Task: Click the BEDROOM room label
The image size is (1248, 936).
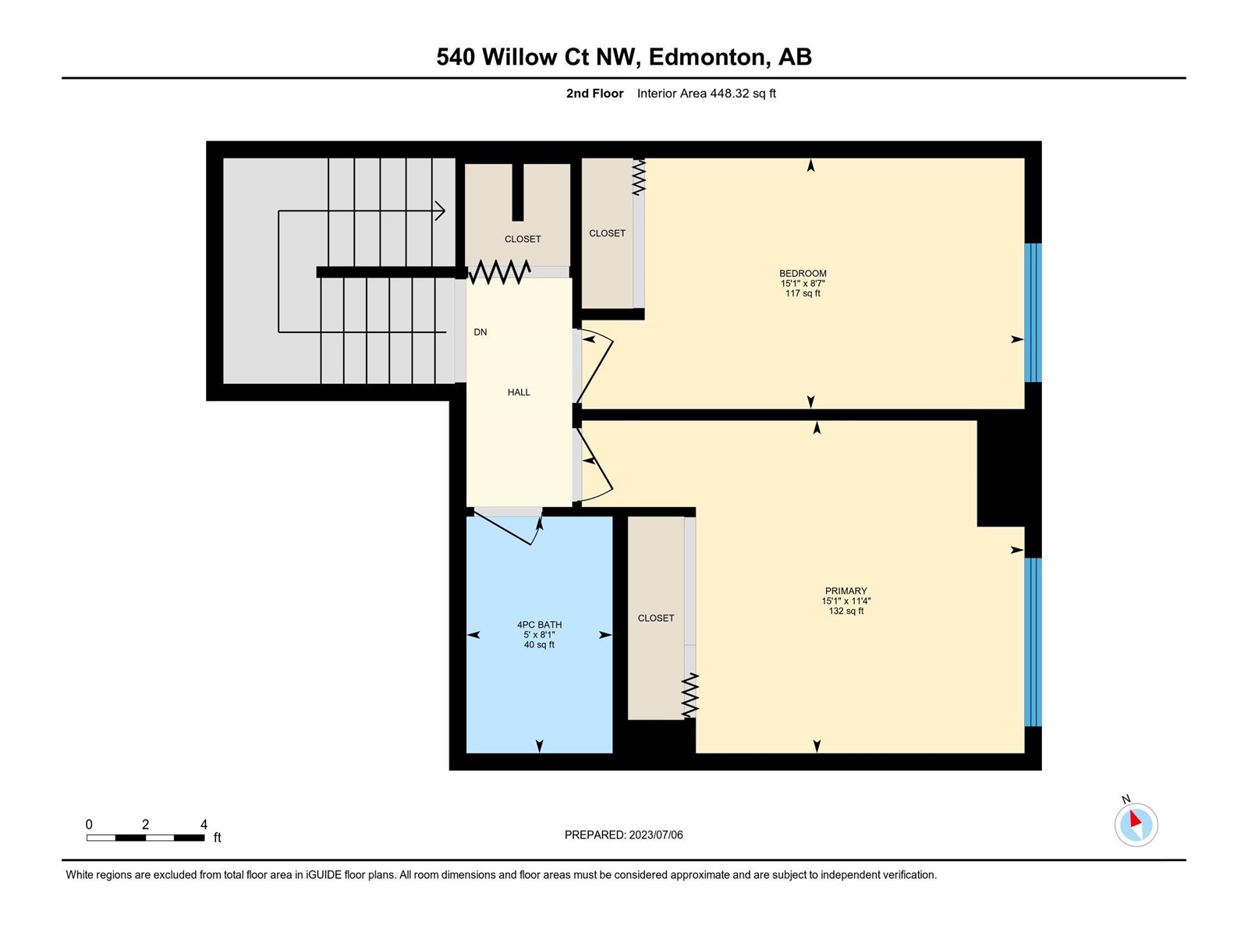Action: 803,273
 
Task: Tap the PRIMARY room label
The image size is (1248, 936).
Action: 846,591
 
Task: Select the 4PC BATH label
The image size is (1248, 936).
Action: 539,625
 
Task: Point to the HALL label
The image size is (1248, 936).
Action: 519,392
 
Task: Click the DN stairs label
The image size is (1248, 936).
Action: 480,332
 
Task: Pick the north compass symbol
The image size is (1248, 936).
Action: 1136,824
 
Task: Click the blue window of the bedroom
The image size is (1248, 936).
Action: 1033,313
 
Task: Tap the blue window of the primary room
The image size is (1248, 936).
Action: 1033,642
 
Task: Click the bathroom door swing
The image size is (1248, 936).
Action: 509,527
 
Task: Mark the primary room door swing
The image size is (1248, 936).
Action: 596,466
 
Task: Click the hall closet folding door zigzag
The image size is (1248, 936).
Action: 498,272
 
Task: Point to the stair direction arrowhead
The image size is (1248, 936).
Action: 440,211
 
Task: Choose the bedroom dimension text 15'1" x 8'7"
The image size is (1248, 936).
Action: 803,283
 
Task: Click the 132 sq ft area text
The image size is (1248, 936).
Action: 846,611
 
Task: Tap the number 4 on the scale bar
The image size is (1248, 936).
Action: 204,824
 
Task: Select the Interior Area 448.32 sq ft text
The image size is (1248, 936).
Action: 706,93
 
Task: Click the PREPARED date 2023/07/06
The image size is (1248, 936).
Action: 655,835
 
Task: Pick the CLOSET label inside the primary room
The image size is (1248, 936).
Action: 655,618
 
